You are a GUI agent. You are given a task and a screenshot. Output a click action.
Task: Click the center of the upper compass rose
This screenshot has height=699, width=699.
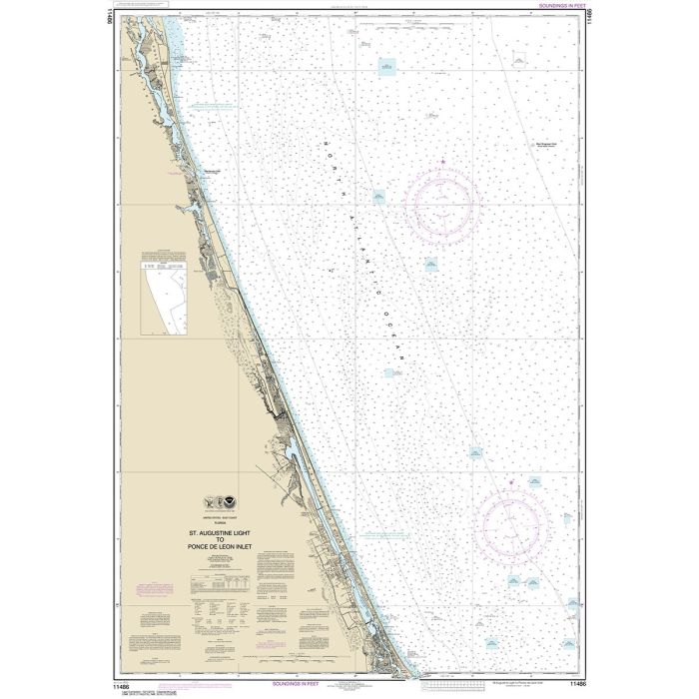(x=440, y=206)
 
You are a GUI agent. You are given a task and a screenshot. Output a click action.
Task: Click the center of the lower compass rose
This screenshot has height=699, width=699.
(x=513, y=522)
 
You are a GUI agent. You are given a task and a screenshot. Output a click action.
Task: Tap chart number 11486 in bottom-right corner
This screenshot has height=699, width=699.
(x=576, y=685)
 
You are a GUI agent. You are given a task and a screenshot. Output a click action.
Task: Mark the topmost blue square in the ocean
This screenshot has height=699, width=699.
(x=386, y=66)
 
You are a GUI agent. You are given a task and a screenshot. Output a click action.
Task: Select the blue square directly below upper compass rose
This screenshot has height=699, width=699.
(x=429, y=264)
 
